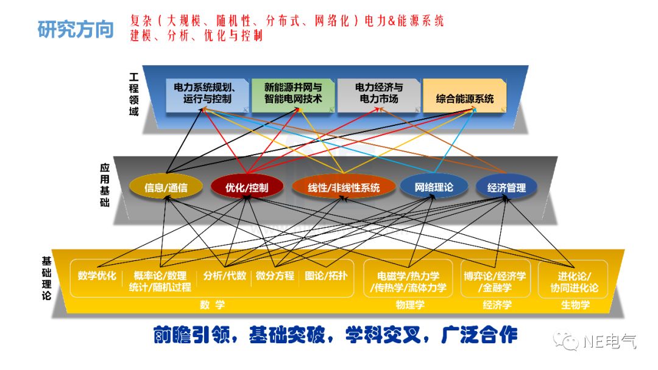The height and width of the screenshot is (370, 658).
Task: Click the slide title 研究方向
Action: pyautogui.click(x=76, y=29)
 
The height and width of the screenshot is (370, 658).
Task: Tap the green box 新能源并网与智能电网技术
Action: pyautogui.click(x=293, y=92)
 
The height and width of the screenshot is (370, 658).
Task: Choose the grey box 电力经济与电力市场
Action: pyautogui.click(x=378, y=92)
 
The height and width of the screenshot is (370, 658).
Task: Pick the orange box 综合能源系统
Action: pyautogui.click(x=464, y=98)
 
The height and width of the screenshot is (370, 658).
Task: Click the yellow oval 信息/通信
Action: pyautogui.click(x=166, y=187)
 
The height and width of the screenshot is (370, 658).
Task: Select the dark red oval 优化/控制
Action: pyautogui.click(x=246, y=187)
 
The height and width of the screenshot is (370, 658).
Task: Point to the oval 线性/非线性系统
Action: pyautogui.click(x=344, y=187)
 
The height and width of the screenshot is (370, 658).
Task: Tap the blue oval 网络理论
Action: pyautogui.click(x=434, y=187)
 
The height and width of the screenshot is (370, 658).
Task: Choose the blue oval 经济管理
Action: pyautogui.click(x=506, y=187)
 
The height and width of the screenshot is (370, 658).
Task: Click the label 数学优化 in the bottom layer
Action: pyautogui.click(x=97, y=276)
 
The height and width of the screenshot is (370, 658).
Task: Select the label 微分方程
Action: pyautogui.click(x=275, y=276)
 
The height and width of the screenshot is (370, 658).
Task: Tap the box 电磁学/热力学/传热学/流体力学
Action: pyautogui.click(x=408, y=281)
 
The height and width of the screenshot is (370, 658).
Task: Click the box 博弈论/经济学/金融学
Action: pyautogui.click(x=494, y=281)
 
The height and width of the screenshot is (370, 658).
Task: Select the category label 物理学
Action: pyautogui.click(x=408, y=305)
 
